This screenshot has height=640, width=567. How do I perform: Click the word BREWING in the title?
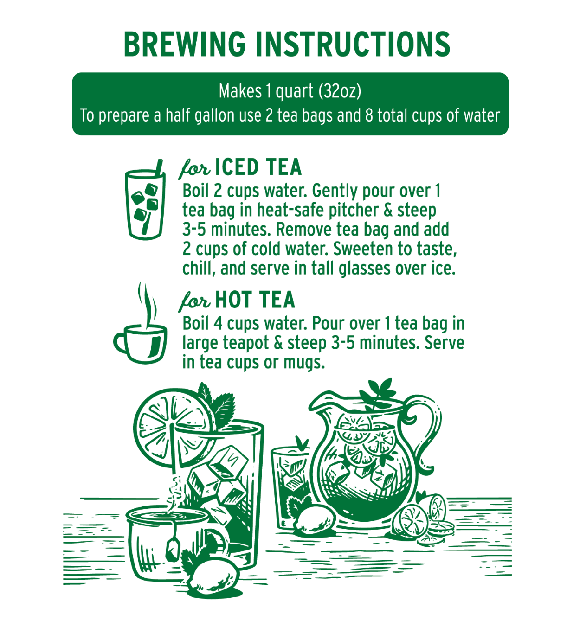185,44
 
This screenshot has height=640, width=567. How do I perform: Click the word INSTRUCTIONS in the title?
354,44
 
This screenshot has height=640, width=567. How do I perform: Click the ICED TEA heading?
258,167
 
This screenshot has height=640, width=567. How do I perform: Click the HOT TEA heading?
255,300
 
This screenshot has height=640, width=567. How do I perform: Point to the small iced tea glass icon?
145,199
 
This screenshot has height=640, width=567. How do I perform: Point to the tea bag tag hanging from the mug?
173,550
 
